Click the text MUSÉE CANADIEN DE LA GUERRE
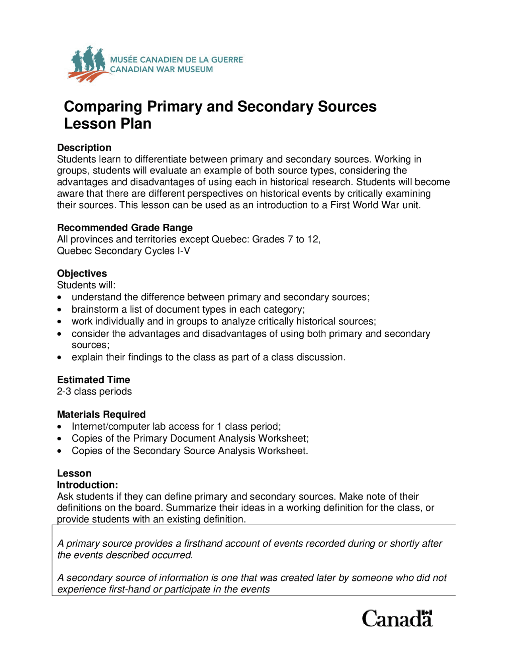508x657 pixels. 176,60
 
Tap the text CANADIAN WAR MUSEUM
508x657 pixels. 161,69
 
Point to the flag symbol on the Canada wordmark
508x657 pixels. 426,613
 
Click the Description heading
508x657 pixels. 84,148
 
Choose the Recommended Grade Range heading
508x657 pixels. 125,228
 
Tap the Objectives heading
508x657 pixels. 82,273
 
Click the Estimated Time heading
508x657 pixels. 93,380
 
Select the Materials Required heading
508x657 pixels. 101,414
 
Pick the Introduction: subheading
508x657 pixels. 87,485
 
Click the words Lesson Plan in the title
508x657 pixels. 108,124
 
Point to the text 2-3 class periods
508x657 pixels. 94,392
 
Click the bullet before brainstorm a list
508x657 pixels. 60,310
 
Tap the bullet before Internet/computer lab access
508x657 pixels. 60,427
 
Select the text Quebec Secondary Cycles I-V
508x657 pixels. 123,251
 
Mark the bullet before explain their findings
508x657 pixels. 60,357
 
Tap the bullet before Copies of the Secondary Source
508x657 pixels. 60,451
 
